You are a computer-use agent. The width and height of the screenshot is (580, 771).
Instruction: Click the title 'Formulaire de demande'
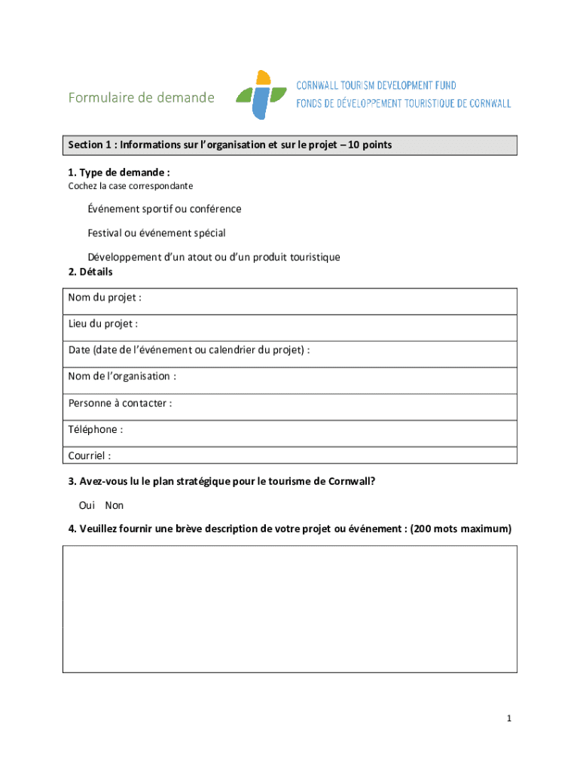(141, 98)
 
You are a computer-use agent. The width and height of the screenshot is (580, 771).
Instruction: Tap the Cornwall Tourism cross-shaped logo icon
(261, 95)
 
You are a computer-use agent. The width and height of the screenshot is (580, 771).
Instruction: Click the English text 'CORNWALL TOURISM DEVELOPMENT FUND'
(376, 86)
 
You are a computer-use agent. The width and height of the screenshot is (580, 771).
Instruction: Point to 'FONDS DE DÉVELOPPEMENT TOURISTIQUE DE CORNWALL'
(403, 103)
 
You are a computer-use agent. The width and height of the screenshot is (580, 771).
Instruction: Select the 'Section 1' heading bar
(290, 145)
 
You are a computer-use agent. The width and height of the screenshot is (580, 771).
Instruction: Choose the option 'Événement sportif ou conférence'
(164, 209)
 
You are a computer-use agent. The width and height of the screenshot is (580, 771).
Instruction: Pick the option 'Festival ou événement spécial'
(157, 233)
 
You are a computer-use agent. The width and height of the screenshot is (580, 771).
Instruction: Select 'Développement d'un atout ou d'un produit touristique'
(214, 257)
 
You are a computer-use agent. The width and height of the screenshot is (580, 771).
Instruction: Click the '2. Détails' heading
(90, 272)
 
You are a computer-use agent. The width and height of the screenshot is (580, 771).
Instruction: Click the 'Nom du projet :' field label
(105, 297)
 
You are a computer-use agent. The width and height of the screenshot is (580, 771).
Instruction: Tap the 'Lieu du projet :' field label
(102, 324)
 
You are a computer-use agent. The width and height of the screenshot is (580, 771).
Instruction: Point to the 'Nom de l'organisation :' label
(122, 376)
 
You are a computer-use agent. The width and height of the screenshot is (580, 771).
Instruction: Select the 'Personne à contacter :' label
(120, 403)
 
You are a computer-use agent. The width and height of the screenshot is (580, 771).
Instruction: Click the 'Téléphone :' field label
(96, 429)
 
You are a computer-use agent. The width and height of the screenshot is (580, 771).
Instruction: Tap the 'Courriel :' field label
(90, 456)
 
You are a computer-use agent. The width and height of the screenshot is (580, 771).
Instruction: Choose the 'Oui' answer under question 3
(87, 505)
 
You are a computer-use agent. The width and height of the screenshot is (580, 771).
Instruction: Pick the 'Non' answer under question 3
(114, 505)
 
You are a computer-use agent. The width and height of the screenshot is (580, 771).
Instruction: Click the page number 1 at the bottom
(509, 719)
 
